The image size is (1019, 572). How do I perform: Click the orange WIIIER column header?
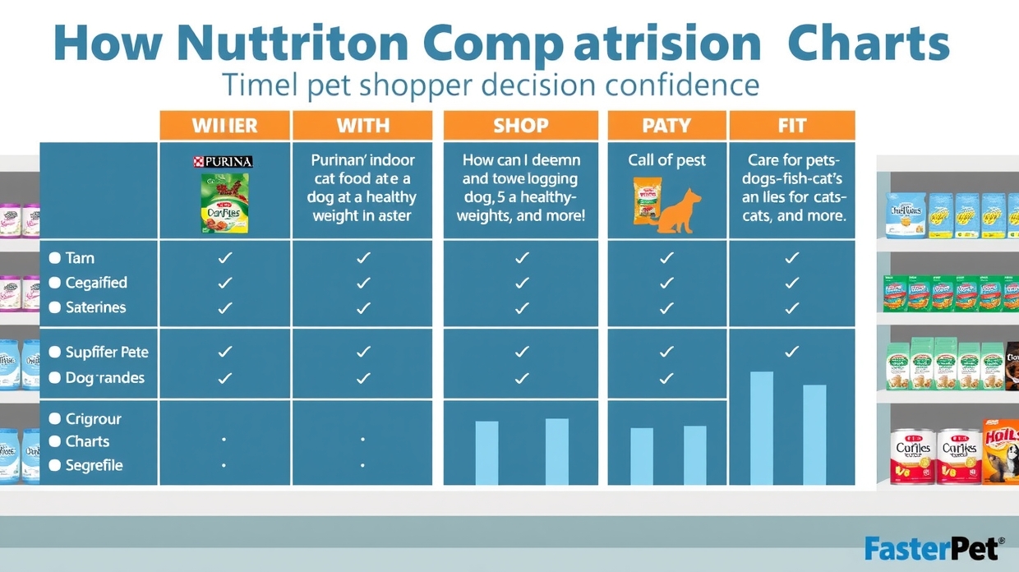pyautogui.click(x=224, y=126)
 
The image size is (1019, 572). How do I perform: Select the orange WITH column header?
pyautogui.click(x=362, y=126)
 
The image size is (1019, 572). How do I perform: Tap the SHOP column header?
pyautogui.click(x=521, y=126)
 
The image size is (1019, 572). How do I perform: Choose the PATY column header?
pyautogui.click(x=666, y=126)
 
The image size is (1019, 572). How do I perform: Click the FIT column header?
pyautogui.click(x=791, y=126)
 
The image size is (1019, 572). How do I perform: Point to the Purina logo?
pyautogui.click(x=222, y=161)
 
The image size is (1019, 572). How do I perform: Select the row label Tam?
pyautogui.click(x=80, y=258)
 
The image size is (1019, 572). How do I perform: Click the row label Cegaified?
pyautogui.click(x=96, y=283)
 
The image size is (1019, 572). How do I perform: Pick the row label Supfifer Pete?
pyautogui.click(x=107, y=352)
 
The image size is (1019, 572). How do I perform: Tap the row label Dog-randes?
pyautogui.click(x=104, y=378)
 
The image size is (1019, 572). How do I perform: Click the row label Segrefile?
pyautogui.click(x=94, y=465)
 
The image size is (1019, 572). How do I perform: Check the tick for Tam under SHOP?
pyautogui.click(x=521, y=258)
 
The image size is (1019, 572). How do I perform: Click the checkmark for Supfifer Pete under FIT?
pyautogui.click(x=791, y=352)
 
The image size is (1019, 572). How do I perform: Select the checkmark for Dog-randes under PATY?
pyautogui.click(x=666, y=378)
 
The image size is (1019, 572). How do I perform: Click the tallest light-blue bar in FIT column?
pyautogui.click(x=762, y=427)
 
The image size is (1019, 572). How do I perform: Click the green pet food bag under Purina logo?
pyautogui.click(x=223, y=204)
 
